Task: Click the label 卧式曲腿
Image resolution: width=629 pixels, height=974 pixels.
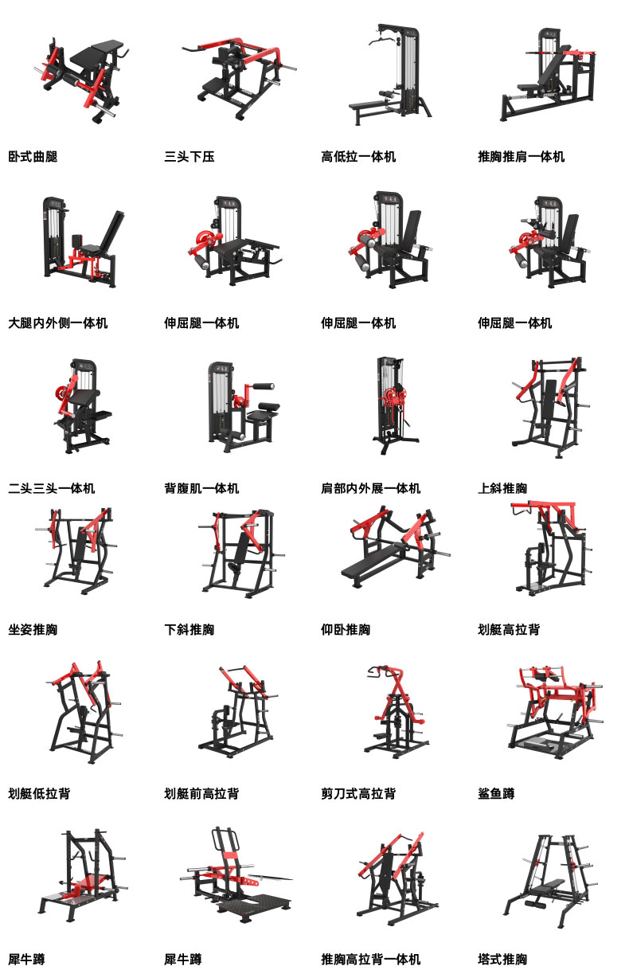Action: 33,157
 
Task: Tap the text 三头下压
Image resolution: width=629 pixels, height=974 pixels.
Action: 189,157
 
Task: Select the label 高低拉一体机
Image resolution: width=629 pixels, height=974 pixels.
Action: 358,157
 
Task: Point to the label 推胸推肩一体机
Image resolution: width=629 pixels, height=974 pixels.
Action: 521,157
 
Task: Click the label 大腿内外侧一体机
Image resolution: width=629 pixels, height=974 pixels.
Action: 58,323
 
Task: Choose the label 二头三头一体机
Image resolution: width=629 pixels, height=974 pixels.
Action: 51,488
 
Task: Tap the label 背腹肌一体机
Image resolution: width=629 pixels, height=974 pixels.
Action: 201,488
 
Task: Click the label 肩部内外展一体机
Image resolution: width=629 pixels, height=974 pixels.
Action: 371,488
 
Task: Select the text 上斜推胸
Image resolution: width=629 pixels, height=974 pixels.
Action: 502,488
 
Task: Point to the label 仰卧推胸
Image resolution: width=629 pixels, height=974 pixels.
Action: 346,630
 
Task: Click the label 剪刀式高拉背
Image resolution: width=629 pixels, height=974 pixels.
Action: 358,794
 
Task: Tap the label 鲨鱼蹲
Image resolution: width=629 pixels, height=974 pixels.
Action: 496,794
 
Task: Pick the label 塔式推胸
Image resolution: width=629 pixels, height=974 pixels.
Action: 502,959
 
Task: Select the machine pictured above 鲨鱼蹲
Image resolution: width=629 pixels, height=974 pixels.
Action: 555,713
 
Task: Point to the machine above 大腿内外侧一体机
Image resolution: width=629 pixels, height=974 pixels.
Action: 80,243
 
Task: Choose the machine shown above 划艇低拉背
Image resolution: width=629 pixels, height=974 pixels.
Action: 84,713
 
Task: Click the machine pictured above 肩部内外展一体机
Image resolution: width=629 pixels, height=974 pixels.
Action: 393,405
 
